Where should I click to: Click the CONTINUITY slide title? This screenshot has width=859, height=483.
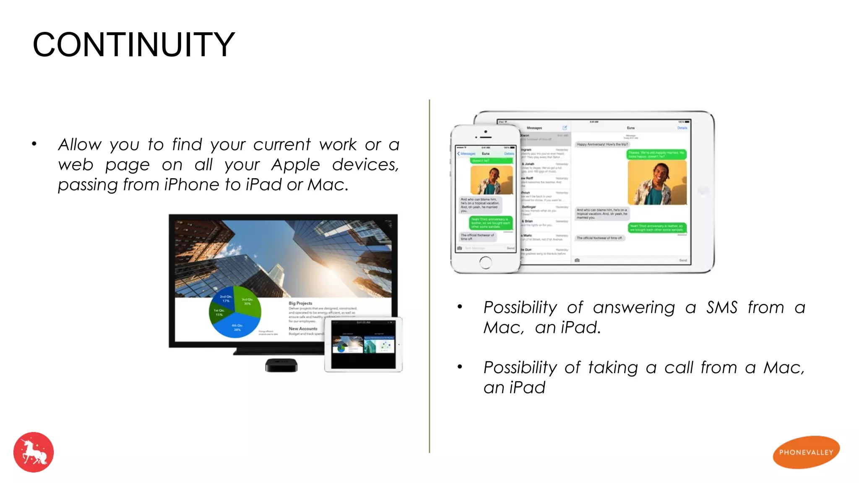(x=133, y=44)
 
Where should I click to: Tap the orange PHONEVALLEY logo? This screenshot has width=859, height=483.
(x=806, y=452)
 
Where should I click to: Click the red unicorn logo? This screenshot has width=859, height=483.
(x=34, y=452)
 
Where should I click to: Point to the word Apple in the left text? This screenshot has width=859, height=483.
(x=295, y=164)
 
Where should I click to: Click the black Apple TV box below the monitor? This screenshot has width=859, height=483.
(x=281, y=365)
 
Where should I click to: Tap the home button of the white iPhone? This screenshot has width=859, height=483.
(x=485, y=262)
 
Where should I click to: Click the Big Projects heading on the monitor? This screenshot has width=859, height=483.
(x=300, y=303)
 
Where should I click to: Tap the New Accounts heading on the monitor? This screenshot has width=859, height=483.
(x=303, y=329)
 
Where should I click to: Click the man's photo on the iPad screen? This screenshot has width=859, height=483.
(x=657, y=182)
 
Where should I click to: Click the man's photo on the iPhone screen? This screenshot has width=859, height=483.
(x=492, y=180)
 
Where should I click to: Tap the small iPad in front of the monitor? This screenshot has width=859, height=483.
(x=363, y=345)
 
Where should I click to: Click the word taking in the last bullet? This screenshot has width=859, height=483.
(x=613, y=367)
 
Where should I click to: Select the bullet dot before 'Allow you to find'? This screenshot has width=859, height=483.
(x=34, y=144)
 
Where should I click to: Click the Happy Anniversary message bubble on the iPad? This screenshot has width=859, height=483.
(x=602, y=144)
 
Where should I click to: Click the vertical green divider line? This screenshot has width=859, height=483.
(x=429, y=277)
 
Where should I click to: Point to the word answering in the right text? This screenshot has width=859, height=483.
(x=634, y=307)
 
